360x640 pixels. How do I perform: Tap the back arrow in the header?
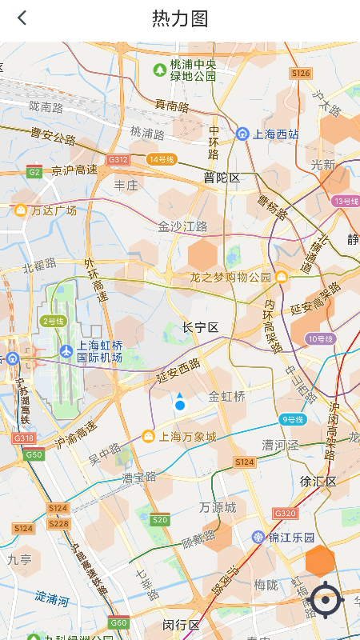click(22, 18)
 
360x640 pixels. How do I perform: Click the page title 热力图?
click(180, 18)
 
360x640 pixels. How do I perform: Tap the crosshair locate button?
click(326, 600)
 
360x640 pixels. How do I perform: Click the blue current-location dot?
click(180, 406)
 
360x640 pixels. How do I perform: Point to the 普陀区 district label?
click(222, 178)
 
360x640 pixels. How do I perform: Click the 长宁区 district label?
click(200, 328)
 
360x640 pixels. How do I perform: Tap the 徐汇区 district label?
click(318, 482)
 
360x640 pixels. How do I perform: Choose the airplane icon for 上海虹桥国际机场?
click(66, 350)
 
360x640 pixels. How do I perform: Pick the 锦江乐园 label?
click(286, 537)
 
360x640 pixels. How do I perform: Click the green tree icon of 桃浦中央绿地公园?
click(159, 70)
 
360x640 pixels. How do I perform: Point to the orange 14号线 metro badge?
click(161, 159)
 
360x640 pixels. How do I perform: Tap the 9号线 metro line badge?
click(292, 419)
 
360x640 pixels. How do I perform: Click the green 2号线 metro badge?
click(53, 321)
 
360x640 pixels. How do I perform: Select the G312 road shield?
click(118, 160)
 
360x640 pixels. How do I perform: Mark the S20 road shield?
click(160, 520)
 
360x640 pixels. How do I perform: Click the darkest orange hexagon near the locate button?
click(321, 561)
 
